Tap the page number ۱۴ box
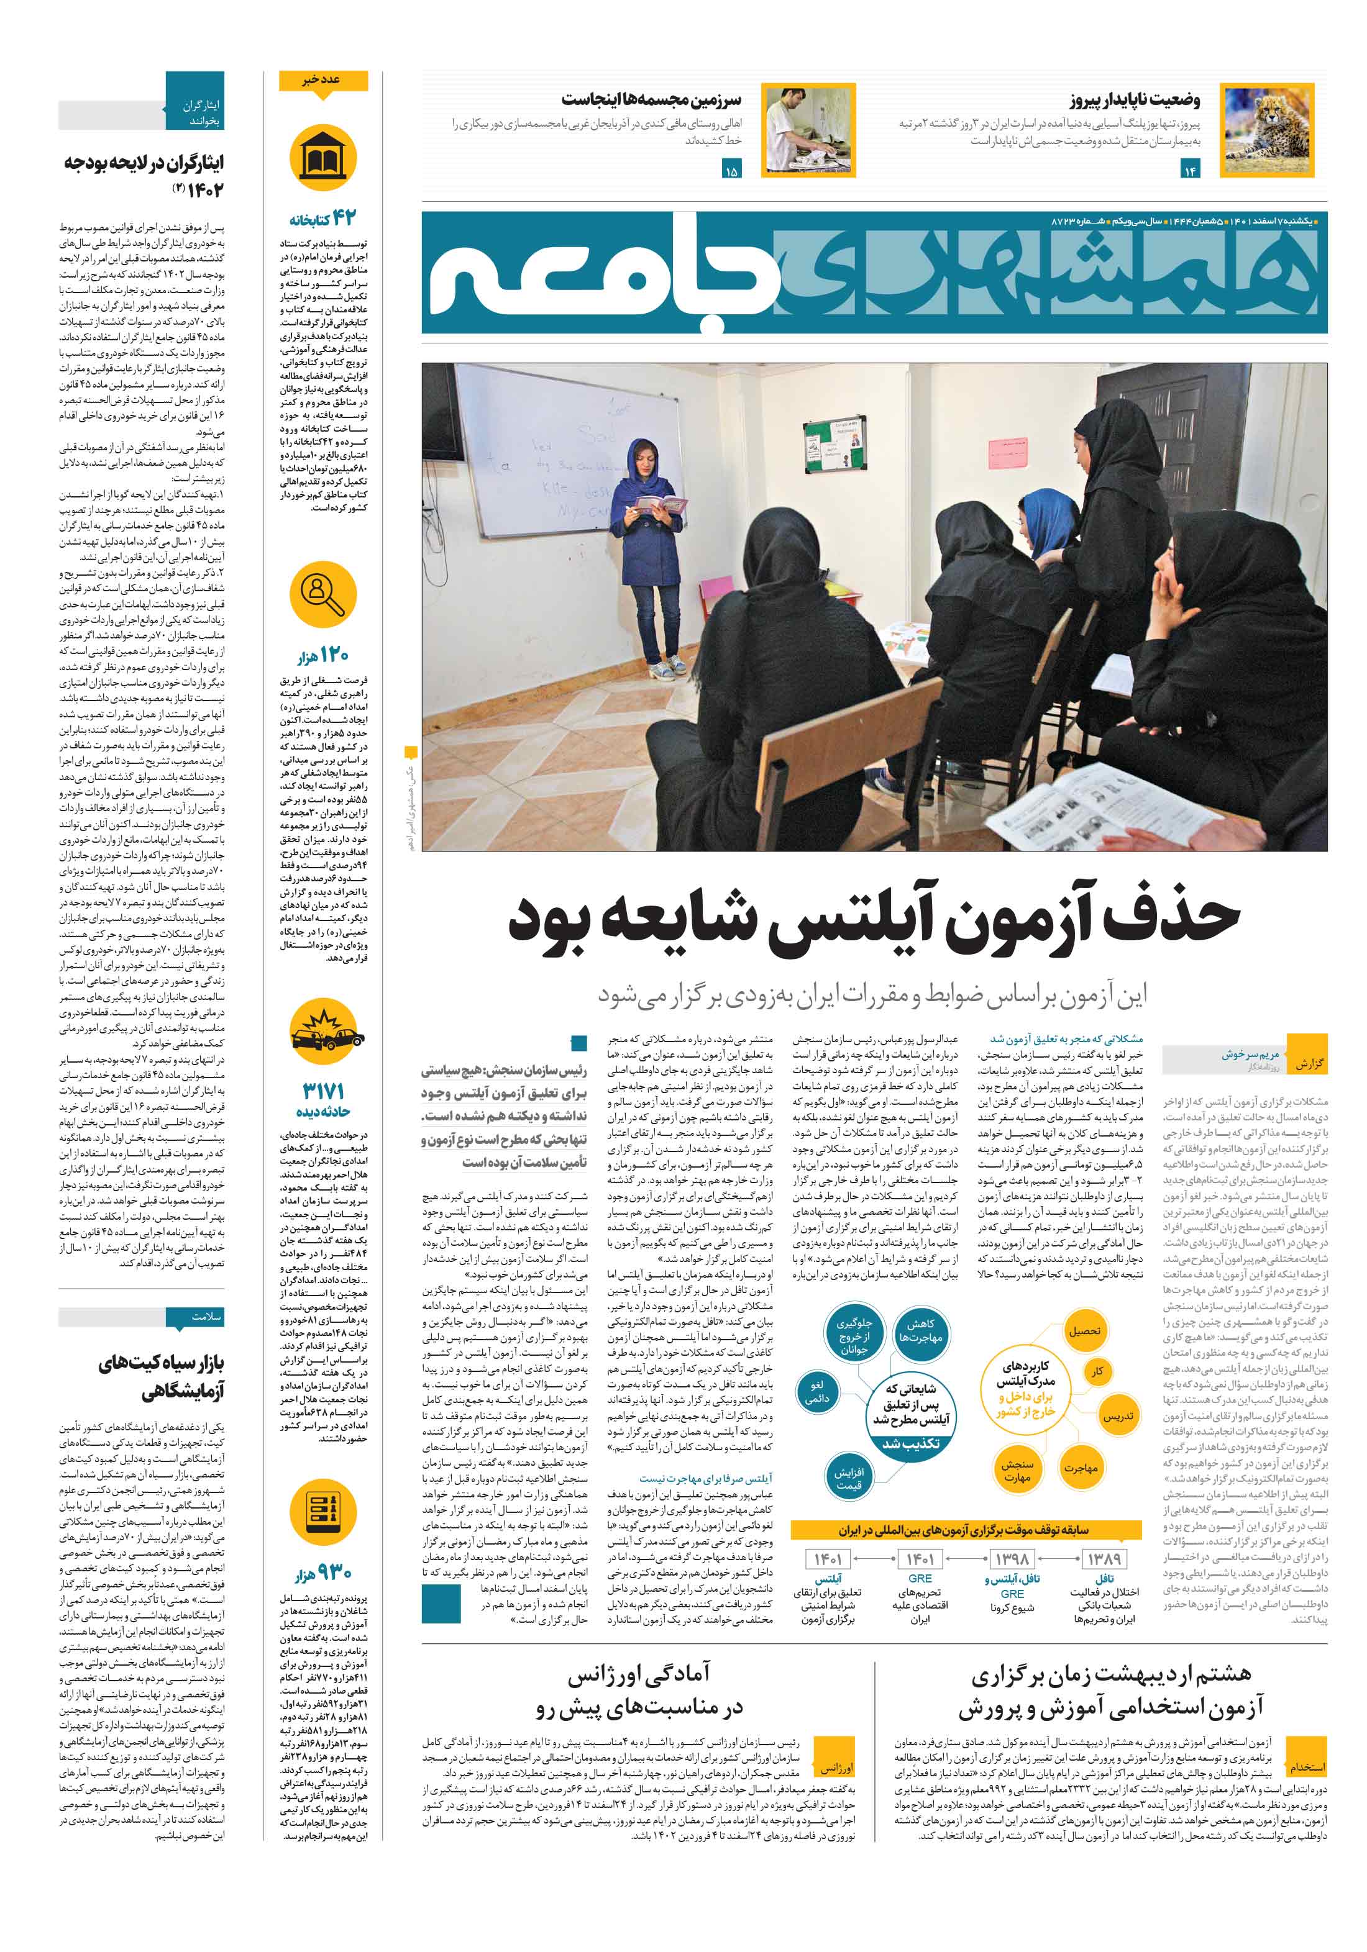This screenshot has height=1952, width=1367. pyautogui.click(x=1189, y=171)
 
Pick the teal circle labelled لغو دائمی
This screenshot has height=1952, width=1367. pyautogui.click(x=816, y=1392)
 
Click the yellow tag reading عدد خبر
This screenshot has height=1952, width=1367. pyautogui.click(x=323, y=81)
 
